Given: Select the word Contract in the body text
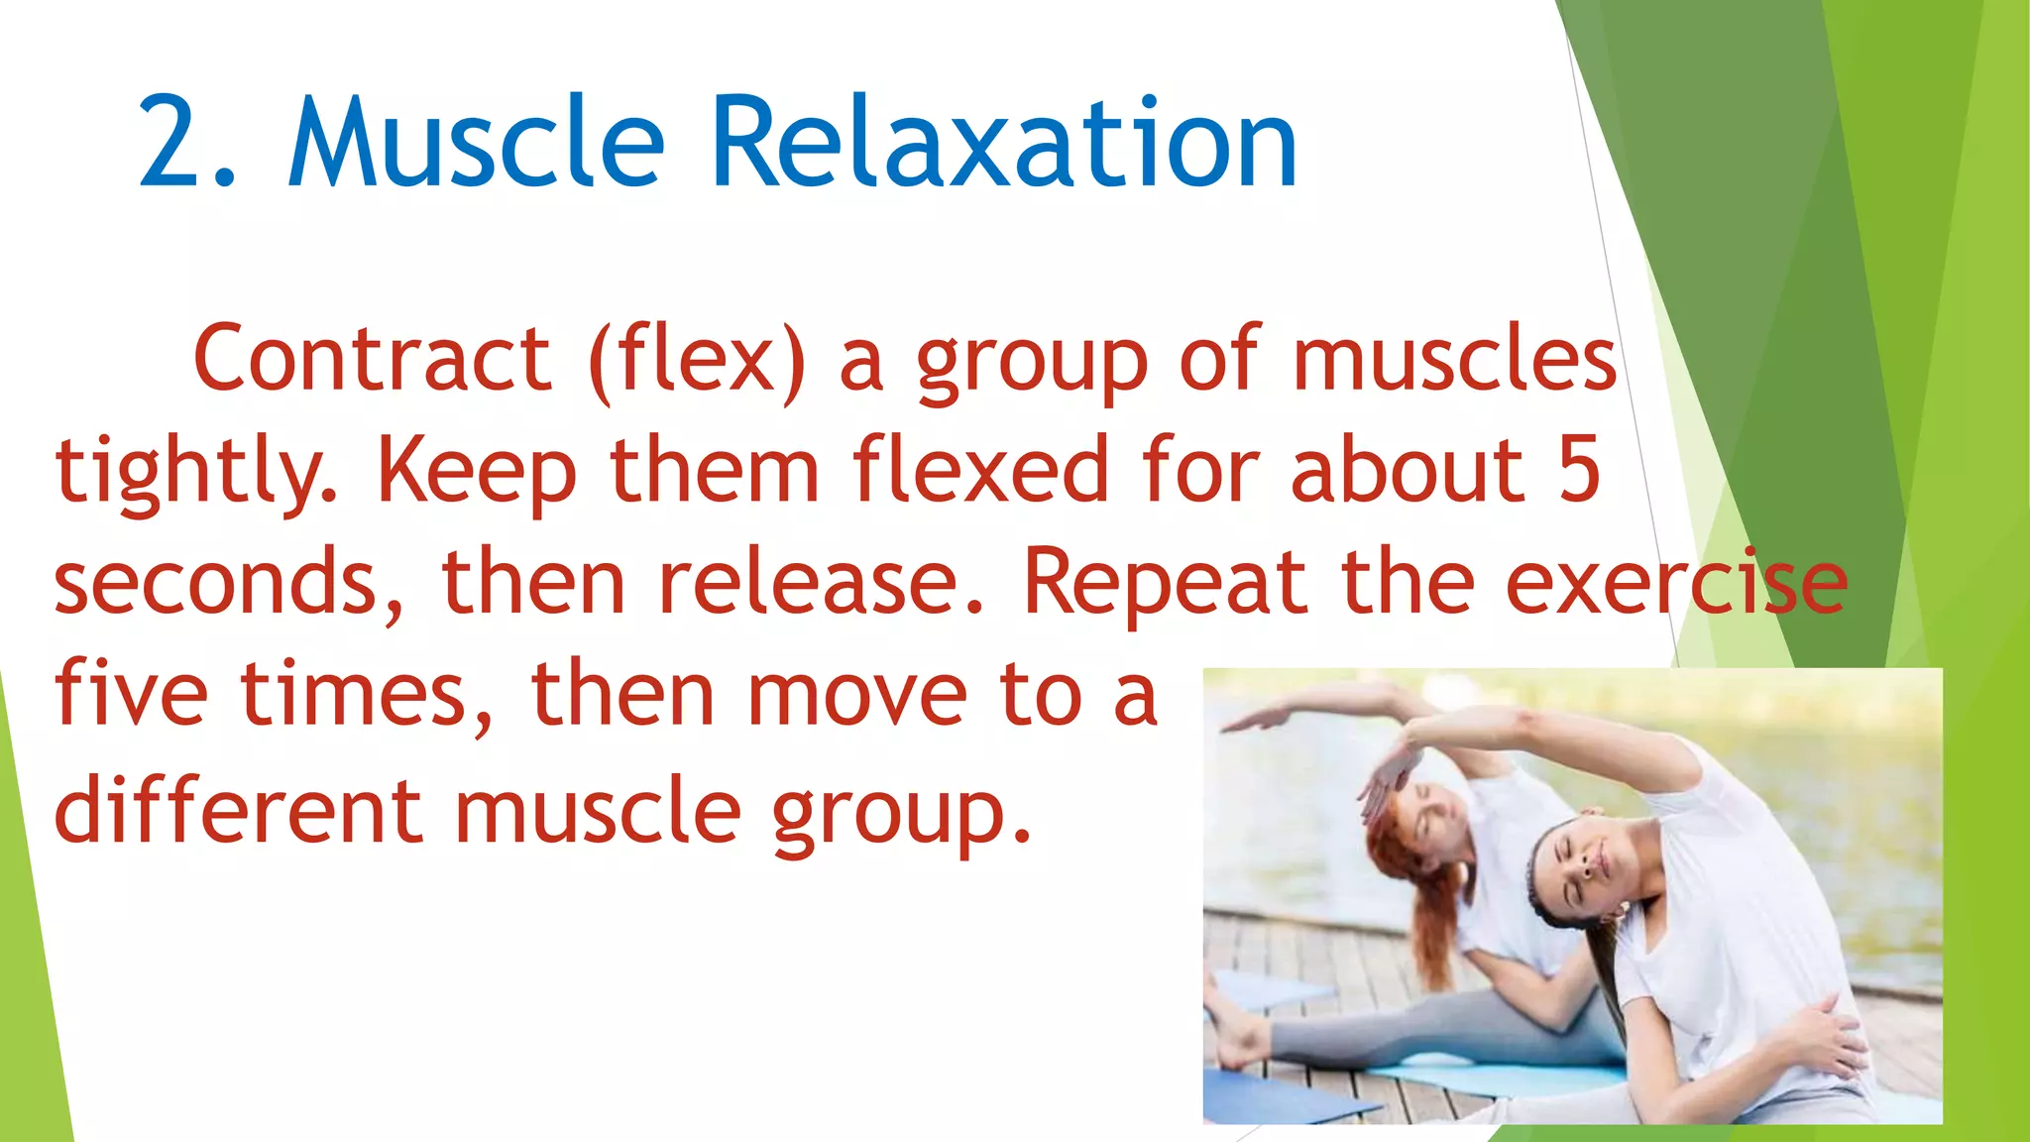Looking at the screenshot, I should [x=372, y=359].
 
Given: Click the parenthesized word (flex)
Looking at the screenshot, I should [x=697, y=359].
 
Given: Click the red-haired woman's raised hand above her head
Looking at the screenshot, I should [x=1383, y=783].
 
